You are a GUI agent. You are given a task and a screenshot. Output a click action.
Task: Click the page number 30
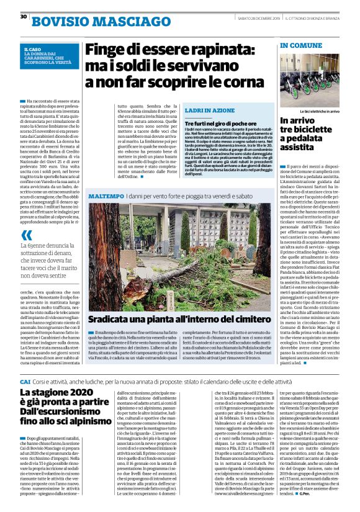[23, 17]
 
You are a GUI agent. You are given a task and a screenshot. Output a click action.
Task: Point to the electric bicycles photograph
[309, 80]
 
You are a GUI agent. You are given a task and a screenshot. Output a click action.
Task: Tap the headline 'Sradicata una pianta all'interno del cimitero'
[179, 320]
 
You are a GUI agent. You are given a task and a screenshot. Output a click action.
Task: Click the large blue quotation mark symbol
[26, 236]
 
